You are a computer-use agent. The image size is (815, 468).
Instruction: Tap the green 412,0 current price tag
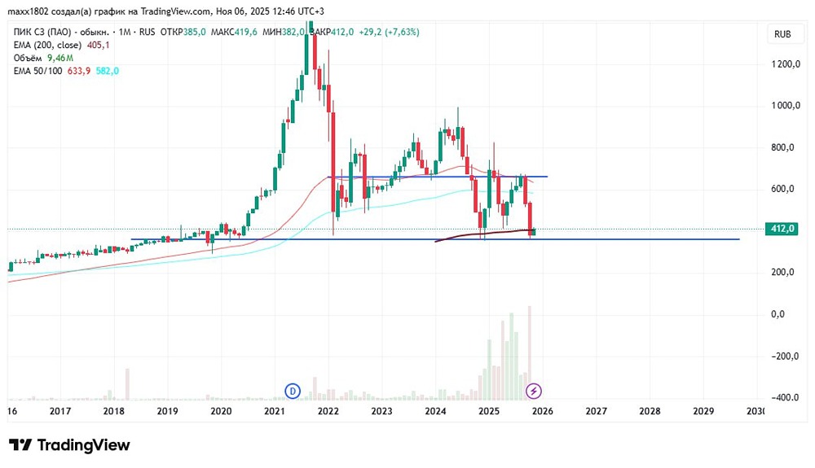(782, 229)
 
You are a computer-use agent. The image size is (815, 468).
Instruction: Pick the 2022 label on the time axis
(328, 412)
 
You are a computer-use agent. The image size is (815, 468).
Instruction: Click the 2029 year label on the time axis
(703, 412)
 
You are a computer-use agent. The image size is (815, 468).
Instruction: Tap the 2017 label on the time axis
(59, 412)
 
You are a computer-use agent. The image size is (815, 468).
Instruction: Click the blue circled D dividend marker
(293, 391)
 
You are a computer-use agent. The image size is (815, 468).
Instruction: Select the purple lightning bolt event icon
(533, 391)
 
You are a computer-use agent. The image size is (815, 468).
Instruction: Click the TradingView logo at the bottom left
(69, 445)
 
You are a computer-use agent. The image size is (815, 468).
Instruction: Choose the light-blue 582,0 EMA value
(107, 71)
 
